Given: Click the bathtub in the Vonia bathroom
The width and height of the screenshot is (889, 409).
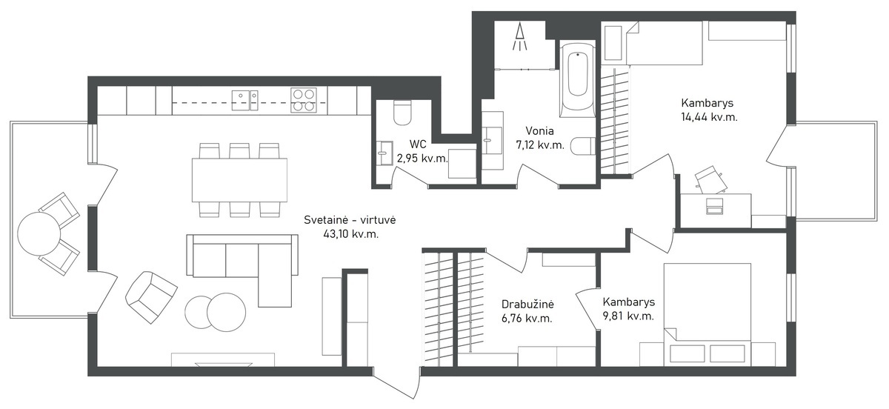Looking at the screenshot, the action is [577, 79].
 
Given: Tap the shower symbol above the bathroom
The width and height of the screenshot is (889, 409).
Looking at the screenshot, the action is [519, 36].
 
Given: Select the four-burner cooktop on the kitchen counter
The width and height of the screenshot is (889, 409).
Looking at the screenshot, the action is [304, 100].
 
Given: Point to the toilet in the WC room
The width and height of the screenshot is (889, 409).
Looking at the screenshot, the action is [402, 113].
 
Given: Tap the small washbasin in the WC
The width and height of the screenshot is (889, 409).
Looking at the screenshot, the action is [384, 153].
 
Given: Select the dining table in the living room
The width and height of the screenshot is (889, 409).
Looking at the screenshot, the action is [240, 180].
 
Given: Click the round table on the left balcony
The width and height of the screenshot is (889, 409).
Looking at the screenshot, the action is [39, 234].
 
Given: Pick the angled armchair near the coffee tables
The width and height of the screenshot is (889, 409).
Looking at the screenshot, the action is [151, 297].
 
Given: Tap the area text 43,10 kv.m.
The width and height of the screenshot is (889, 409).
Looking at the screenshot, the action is [351, 234].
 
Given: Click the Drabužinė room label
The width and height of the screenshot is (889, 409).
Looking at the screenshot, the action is [527, 305].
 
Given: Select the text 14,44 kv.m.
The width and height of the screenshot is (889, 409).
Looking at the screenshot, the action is [709, 117].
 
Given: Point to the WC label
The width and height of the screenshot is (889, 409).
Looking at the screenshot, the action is [418, 144].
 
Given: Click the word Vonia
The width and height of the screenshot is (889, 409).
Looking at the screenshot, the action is [540, 130].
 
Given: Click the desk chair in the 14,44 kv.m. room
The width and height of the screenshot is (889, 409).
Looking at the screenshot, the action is [711, 180].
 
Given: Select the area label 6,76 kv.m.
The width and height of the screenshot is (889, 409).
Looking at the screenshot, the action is [527, 319].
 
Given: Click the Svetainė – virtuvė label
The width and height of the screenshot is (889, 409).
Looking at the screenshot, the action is [350, 219].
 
